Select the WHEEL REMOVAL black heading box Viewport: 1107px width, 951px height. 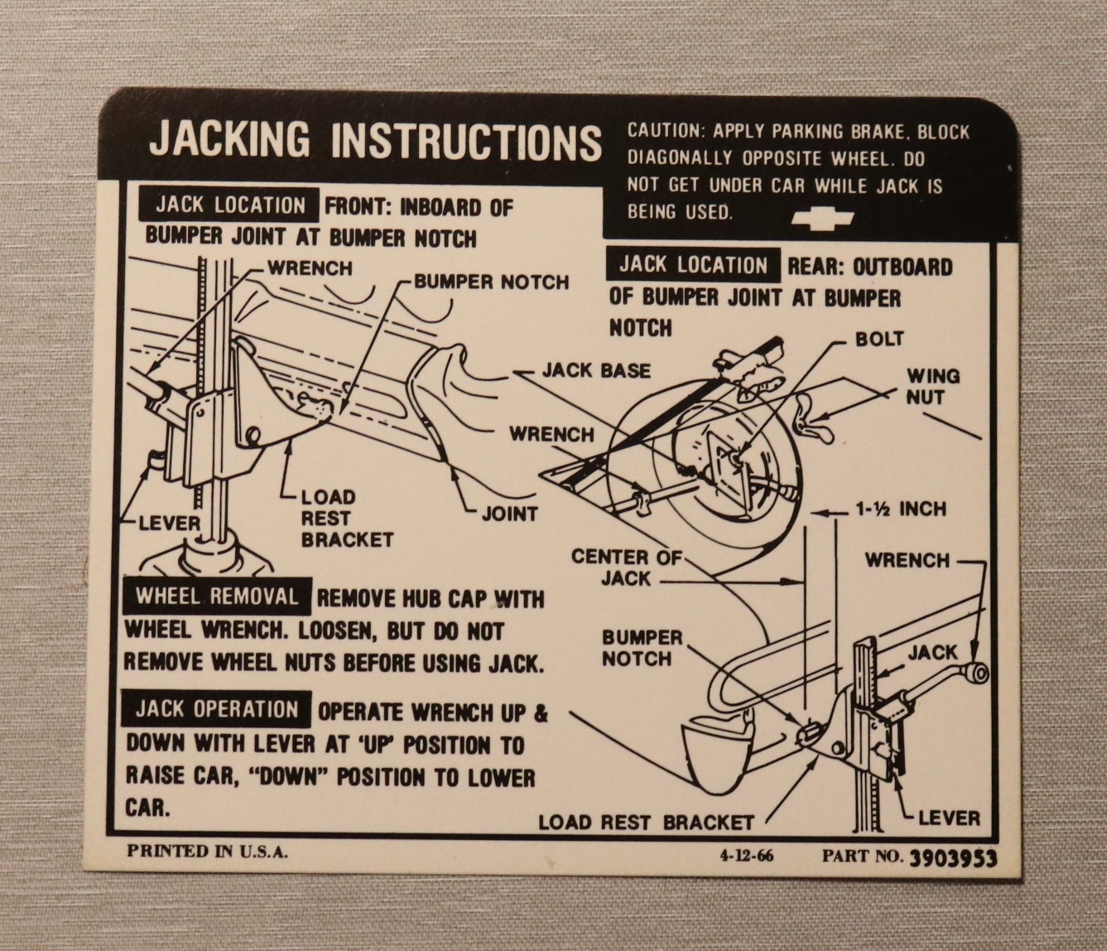(x=217, y=596)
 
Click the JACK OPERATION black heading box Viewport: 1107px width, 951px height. (x=217, y=710)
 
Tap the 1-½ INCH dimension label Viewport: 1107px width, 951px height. (x=900, y=509)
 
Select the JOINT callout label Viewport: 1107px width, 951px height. (x=509, y=514)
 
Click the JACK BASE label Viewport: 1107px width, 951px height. (x=596, y=371)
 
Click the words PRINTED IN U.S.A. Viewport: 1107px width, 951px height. (x=207, y=852)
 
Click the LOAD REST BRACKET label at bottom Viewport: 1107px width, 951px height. (x=646, y=823)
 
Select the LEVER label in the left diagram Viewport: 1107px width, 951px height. (x=170, y=524)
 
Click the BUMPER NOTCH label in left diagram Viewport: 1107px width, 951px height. (x=492, y=282)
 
